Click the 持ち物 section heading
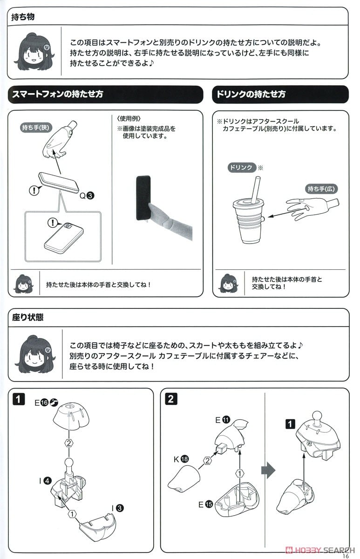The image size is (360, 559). [23, 17]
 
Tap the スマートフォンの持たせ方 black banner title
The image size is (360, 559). [58, 94]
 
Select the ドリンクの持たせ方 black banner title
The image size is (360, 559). [251, 94]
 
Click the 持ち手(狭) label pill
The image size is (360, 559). [36, 128]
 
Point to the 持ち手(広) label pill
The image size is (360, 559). [321, 189]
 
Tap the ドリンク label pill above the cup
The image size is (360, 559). [241, 167]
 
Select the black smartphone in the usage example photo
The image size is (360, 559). [143, 198]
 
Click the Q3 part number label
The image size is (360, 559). [87, 196]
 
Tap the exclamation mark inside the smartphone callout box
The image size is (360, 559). [52, 222]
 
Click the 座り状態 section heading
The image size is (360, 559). [27, 317]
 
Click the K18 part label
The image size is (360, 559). [181, 459]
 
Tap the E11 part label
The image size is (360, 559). [223, 420]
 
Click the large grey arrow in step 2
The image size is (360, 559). [268, 470]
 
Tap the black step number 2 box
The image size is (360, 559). [171, 399]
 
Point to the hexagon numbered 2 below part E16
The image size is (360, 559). [69, 443]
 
